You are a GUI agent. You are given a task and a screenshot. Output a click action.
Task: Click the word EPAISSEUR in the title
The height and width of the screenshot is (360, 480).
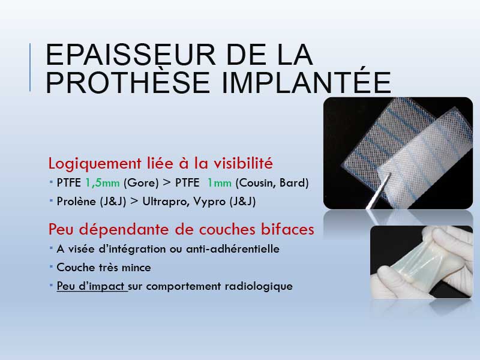pyautogui.click(x=130, y=55)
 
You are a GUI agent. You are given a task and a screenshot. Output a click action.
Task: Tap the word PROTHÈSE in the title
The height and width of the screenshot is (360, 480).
pyautogui.click(x=128, y=82)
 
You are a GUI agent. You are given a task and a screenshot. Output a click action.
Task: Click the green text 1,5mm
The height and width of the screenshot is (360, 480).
pyautogui.click(x=102, y=183)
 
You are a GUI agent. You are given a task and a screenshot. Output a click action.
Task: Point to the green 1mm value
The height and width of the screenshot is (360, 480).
pyautogui.click(x=219, y=183)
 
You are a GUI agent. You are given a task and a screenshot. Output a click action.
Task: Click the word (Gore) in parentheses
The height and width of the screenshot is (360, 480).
pyautogui.click(x=141, y=183)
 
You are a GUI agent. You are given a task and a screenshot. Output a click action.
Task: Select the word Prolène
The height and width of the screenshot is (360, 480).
pyautogui.click(x=76, y=202)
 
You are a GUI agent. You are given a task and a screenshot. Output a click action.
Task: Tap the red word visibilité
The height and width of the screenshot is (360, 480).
pyautogui.click(x=243, y=163)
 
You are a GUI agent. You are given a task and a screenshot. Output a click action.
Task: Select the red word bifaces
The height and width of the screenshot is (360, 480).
pyautogui.click(x=287, y=229)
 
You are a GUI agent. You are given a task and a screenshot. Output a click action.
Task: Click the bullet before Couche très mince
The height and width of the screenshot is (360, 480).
pyautogui.click(x=51, y=267)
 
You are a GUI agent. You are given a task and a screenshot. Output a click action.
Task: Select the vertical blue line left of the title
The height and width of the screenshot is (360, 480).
pyautogui.click(x=30, y=67)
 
